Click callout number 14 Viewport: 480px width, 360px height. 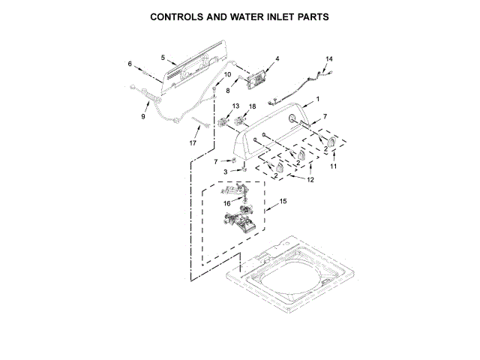(x=328, y=58)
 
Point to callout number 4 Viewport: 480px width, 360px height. (x=277, y=58)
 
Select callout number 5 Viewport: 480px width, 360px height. (x=163, y=57)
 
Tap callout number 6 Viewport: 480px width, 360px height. (x=129, y=64)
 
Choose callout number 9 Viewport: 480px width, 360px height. (x=144, y=117)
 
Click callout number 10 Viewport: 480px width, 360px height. (x=228, y=75)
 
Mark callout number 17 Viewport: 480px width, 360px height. (x=193, y=142)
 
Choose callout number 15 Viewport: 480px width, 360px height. (x=283, y=201)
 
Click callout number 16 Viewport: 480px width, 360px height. (x=226, y=203)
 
